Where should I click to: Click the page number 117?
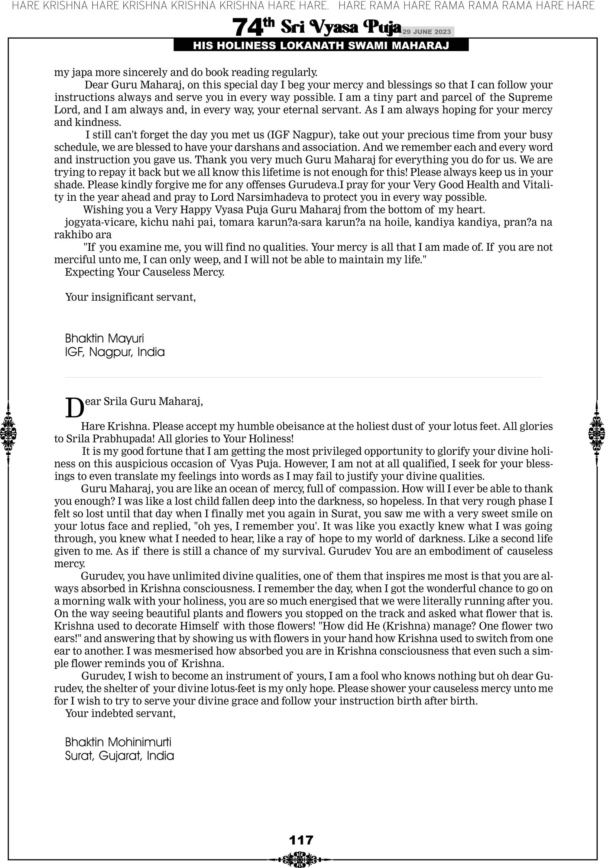pyautogui.click(x=301, y=840)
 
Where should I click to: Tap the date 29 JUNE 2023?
pyautogui.click(x=426, y=32)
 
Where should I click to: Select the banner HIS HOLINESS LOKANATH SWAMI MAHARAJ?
pyautogui.click(x=321, y=46)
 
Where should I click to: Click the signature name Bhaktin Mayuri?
pyautogui.click(x=104, y=338)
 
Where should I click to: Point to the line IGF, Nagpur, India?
pyautogui.click(x=114, y=352)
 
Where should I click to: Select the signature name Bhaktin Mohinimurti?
pyautogui.click(x=118, y=742)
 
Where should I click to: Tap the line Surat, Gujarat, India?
pyautogui.click(x=119, y=756)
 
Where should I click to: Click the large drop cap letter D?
pyautogui.click(x=74, y=407)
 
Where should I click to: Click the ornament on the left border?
pyautogui.click(x=8, y=433)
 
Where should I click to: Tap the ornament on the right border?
pyautogui.click(x=597, y=433)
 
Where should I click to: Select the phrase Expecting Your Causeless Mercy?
pyautogui.click(x=145, y=272)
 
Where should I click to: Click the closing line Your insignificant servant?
pyautogui.click(x=130, y=297)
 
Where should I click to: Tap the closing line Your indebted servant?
pyautogui.click(x=120, y=713)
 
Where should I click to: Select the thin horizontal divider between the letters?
pyautogui.click(x=303, y=377)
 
